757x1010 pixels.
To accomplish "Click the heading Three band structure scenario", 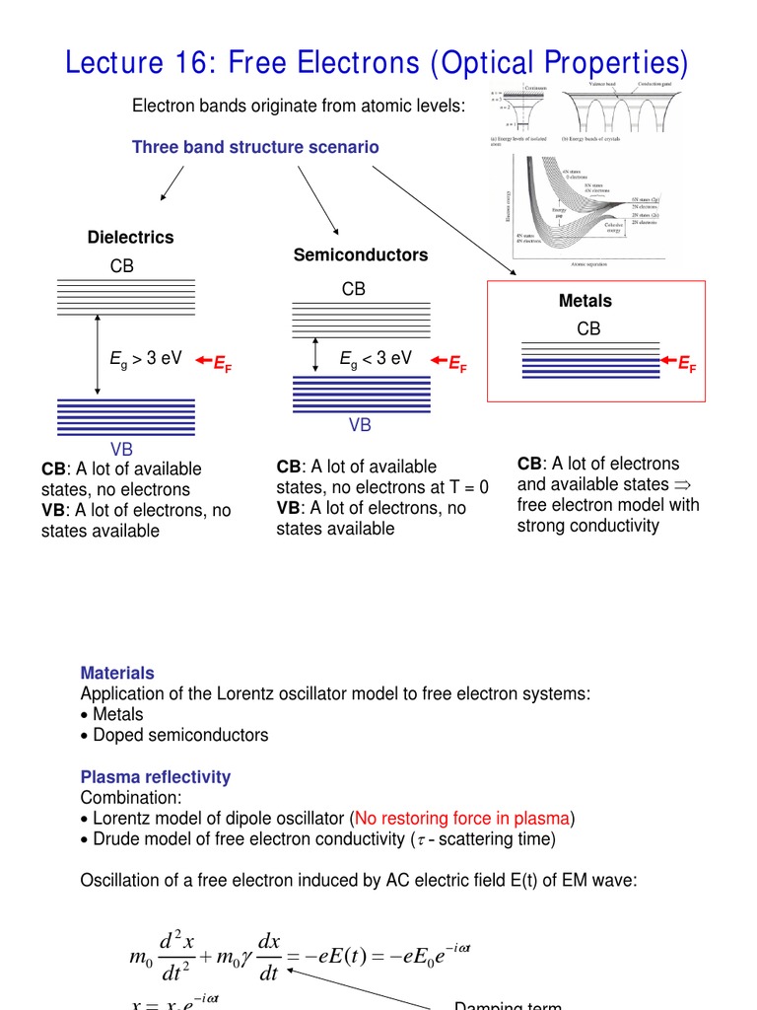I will (x=255, y=147).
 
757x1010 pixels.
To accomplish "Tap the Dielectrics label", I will (x=130, y=238).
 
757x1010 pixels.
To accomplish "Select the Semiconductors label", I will (x=361, y=255).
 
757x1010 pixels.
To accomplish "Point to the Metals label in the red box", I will (x=585, y=301).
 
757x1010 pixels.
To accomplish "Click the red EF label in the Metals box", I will (x=686, y=364).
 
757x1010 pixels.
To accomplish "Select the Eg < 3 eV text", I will (x=376, y=359).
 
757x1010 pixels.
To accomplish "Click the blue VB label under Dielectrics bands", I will (x=121, y=450).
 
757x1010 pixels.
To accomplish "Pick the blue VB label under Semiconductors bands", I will (x=361, y=425).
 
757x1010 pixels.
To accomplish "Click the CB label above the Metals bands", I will (x=588, y=329).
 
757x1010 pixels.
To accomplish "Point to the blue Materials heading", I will (x=117, y=673).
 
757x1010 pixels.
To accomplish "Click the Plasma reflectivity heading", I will (x=156, y=776).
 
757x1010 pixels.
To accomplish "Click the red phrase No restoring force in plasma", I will (x=463, y=818).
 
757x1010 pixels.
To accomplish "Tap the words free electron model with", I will (x=608, y=505).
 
